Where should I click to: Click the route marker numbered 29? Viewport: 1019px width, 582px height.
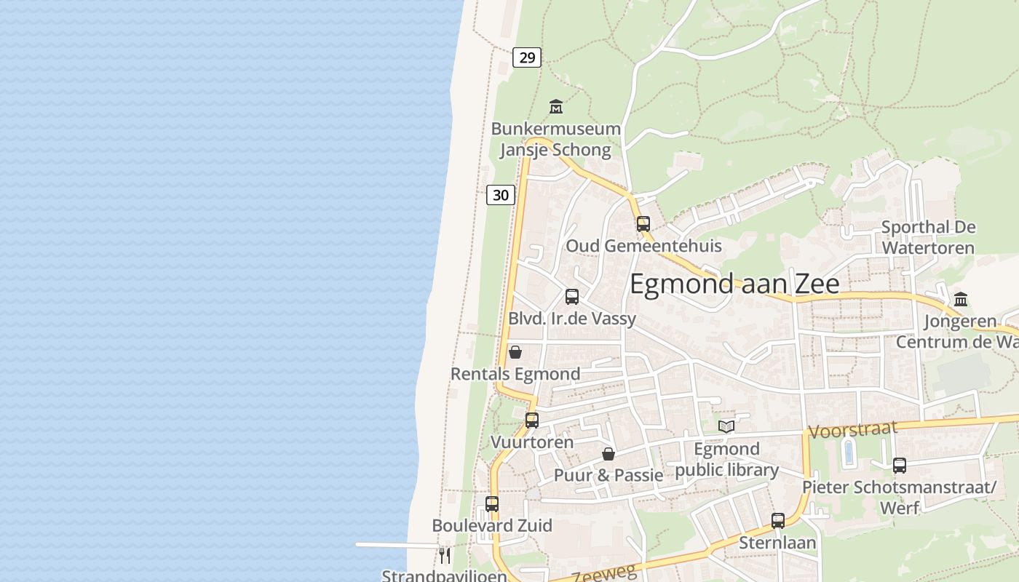coord(527,57)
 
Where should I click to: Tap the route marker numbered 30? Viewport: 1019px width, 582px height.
coord(501,194)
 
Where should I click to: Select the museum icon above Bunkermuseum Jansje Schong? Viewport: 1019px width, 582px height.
coord(556,107)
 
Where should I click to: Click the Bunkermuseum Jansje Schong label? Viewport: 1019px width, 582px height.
coord(556,140)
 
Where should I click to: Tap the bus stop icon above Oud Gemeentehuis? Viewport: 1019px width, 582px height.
coord(643,224)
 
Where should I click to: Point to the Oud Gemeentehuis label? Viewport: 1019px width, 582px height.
coord(643,246)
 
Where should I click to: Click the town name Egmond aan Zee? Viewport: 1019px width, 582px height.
coord(734,284)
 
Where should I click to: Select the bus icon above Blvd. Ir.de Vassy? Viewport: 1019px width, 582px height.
coord(572,297)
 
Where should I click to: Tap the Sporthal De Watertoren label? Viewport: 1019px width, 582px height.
coord(928,237)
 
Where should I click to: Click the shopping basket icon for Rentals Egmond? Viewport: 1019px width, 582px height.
coord(515,352)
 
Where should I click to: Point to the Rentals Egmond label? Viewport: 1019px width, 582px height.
coord(515,374)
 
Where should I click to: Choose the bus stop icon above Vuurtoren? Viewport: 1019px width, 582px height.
coord(532,420)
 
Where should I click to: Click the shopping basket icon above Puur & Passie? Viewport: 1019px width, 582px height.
coord(608,454)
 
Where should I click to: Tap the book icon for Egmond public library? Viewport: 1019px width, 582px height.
coord(726,426)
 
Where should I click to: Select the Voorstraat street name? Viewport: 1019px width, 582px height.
coord(853,430)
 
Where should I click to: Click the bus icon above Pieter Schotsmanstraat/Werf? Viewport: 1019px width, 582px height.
coord(900,466)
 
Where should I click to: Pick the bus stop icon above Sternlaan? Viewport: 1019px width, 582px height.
coord(778,521)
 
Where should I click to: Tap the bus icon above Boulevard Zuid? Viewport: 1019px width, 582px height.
coord(492,503)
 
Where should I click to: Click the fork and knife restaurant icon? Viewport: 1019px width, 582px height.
coord(445,556)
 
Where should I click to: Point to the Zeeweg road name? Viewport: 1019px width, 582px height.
coord(604,572)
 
